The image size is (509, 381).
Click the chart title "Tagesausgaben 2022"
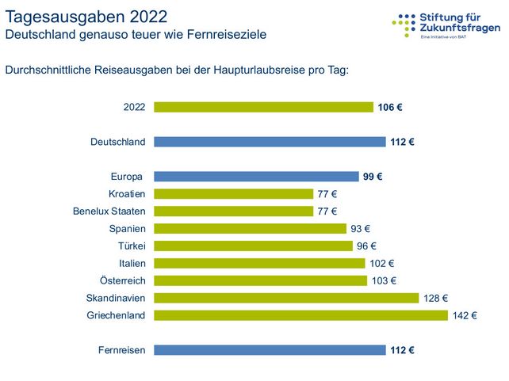coord(86,16)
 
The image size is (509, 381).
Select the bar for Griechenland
coord(300,315)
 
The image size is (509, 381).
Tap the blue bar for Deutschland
coord(270,142)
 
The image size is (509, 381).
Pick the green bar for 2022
coord(263,107)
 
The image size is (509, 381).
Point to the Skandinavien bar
coord(286,298)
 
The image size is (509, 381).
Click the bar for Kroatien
coord(233,194)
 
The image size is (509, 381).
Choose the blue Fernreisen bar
coord(270,350)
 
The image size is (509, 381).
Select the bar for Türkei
coord(253,246)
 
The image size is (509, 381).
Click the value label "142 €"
coord(464,315)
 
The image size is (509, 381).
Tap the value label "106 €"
coord(389,107)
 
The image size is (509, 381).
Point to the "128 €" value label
coord(435,298)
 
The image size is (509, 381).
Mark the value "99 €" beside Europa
coord(373,177)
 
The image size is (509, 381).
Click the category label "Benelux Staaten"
coord(109,211)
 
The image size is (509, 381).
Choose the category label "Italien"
coord(129,263)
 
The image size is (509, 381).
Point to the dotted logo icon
coord(404,24)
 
